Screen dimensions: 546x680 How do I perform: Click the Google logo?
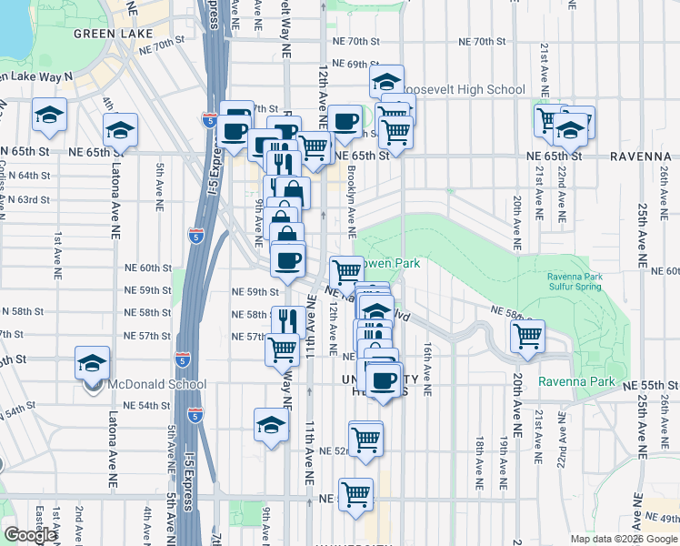point(30,535)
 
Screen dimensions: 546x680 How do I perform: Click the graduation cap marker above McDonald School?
point(92,363)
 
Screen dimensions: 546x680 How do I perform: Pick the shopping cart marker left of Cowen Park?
point(346,270)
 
